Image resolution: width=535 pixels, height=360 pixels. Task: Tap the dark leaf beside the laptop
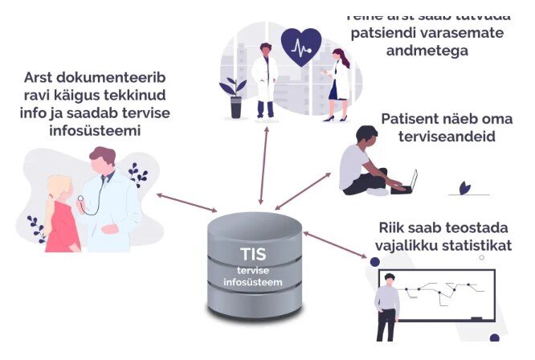point(464,189)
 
